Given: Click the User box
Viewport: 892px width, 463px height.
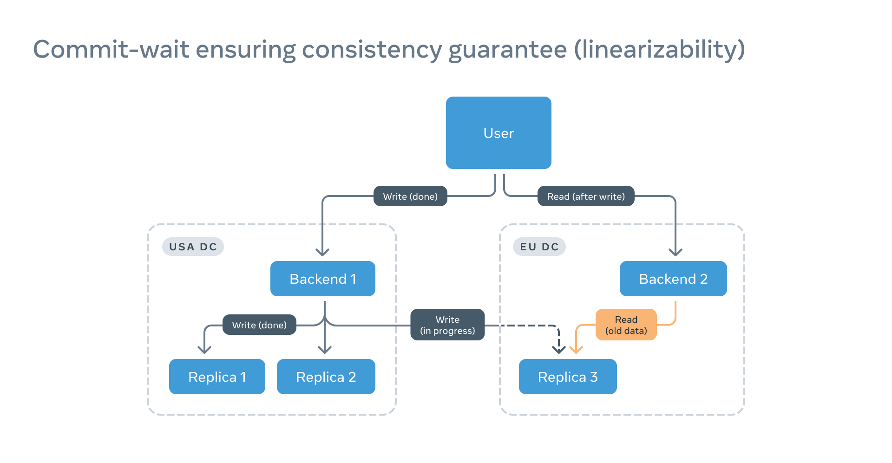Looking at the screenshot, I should [x=498, y=133].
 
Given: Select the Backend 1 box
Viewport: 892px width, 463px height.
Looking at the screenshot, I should [x=322, y=279].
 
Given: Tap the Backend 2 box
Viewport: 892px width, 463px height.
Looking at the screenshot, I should [x=673, y=279].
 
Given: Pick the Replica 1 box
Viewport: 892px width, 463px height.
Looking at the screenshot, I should [x=217, y=377].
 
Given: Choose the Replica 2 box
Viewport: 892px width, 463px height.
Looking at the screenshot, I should [x=326, y=377].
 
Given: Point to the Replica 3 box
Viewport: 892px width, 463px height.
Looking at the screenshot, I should [x=567, y=377].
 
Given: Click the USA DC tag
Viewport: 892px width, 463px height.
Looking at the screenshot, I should [x=193, y=247].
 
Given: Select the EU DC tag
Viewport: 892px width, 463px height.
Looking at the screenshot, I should [x=539, y=247].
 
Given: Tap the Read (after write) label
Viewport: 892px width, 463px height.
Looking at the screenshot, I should [x=585, y=196].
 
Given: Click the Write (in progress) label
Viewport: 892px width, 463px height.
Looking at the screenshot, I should [x=447, y=325].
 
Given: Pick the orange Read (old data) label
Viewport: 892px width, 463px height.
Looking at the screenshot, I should [x=626, y=325].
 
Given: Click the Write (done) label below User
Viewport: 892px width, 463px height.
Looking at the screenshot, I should [x=410, y=196].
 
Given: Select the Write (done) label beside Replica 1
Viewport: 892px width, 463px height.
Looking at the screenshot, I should [x=259, y=325].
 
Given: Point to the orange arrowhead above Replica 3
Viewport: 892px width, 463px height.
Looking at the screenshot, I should [x=576, y=350].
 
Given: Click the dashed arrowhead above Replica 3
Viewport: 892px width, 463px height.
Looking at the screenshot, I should [x=559, y=350].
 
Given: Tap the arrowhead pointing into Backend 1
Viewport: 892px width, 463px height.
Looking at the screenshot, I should [x=322, y=252].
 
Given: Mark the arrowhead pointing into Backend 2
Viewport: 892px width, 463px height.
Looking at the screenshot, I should [x=676, y=252].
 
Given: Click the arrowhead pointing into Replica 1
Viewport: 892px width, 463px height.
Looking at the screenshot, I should [x=204, y=350].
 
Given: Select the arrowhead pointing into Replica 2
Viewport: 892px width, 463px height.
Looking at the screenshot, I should [x=325, y=350].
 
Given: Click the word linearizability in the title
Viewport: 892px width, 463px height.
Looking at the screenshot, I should [x=660, y=49].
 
